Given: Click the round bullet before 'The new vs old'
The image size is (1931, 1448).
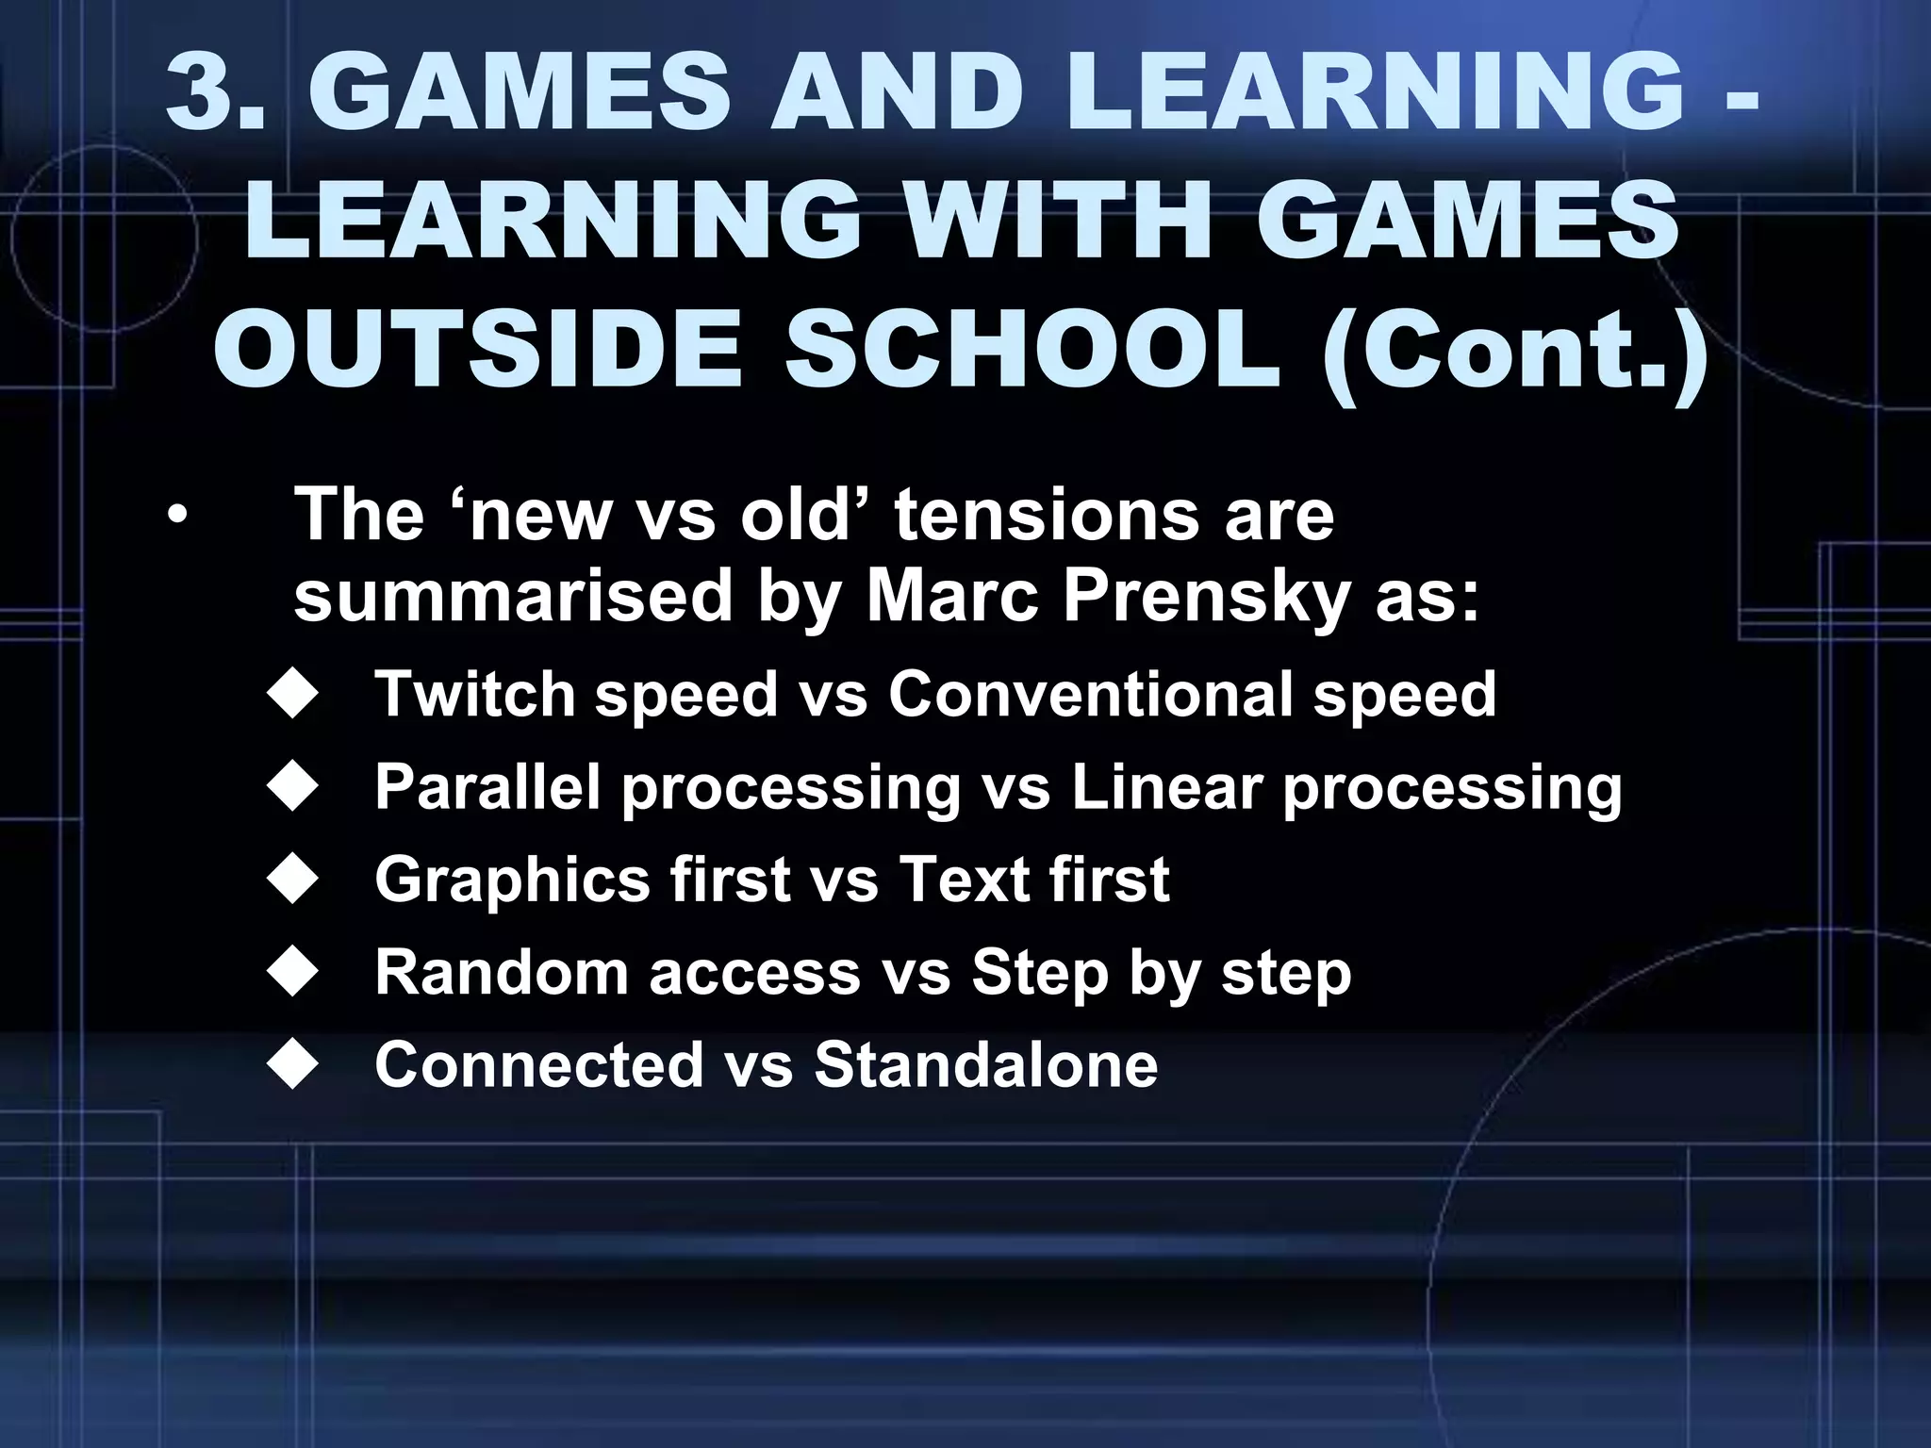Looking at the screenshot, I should (x=176, y=517).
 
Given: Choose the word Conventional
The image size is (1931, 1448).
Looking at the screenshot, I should (x=1089, y=695).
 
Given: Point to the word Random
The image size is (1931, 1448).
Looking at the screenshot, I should (x=501, y=972).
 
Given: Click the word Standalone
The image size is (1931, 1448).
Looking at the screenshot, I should (x=985, y=1064).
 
